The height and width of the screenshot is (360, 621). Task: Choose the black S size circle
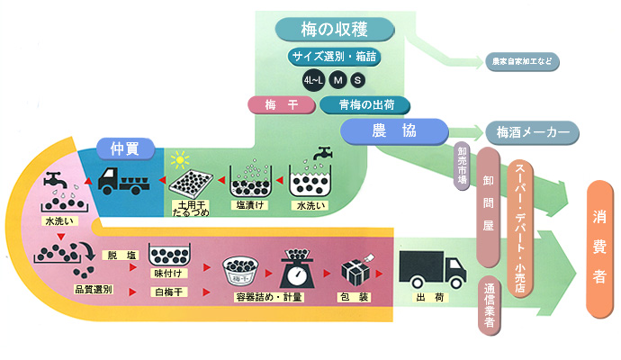pos(358,81)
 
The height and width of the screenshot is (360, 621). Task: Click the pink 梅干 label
pos(281,104)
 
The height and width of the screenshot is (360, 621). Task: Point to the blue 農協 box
pos(394,131)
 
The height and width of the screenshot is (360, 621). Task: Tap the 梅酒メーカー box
pos(533,131)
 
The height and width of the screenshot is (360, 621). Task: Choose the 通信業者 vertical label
pos(489,308)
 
